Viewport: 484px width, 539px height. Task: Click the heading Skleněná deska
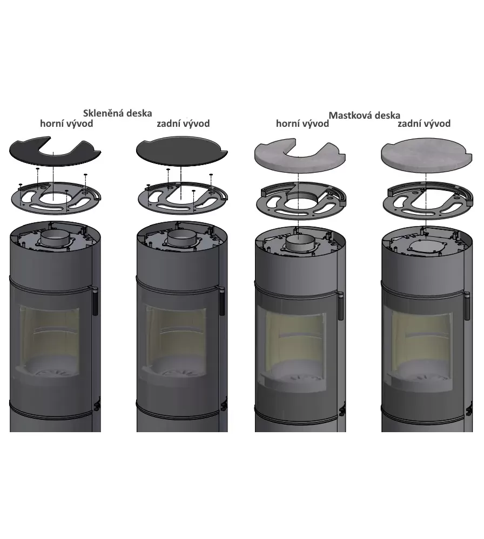pos(117,113)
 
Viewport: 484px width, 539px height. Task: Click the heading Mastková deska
pos(364,115)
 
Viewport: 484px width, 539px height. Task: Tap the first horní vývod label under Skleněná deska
pos(66,124)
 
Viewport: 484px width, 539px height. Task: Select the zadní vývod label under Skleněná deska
pos(183,124)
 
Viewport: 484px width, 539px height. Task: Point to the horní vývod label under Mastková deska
pos(302,124)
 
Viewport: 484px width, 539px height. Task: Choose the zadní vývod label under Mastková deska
pos(423,124)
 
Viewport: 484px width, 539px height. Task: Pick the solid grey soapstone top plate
pos(427,155)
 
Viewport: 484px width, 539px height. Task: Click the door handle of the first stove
pos(95,301)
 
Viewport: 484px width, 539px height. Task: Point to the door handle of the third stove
pos(341,305)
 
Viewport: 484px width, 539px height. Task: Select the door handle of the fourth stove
pos(467,305)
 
